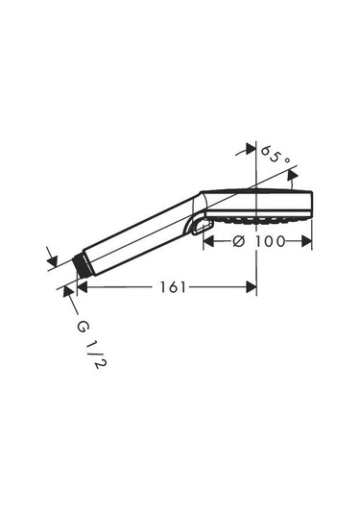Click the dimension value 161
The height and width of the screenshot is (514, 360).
click(x=173, y=287)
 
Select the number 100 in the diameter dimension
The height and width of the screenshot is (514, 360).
click(x=271, y=241)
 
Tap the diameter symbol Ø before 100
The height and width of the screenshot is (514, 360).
click(x=238, y=241)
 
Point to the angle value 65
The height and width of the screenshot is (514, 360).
click(x=271, y=155)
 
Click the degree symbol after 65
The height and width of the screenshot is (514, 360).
click(x=287, y=160)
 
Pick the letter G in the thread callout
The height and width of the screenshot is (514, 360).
click(x=83, y=327)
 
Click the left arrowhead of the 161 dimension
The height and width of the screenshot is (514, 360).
click(x=82, y=287)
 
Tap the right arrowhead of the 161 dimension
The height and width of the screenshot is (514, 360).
click(x=252, y=287)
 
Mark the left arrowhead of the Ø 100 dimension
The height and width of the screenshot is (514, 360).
click(x=208, y=241)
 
